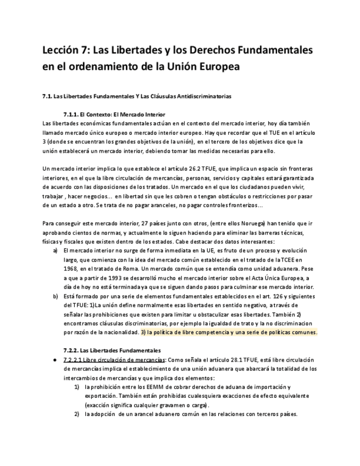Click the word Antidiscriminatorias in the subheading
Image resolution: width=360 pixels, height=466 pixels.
coord(186,96)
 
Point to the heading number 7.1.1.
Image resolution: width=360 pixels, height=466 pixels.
coord(71,115)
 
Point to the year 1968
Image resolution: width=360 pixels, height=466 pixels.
coord(71,269)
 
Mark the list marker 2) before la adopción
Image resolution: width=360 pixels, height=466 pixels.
coord(77,414)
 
